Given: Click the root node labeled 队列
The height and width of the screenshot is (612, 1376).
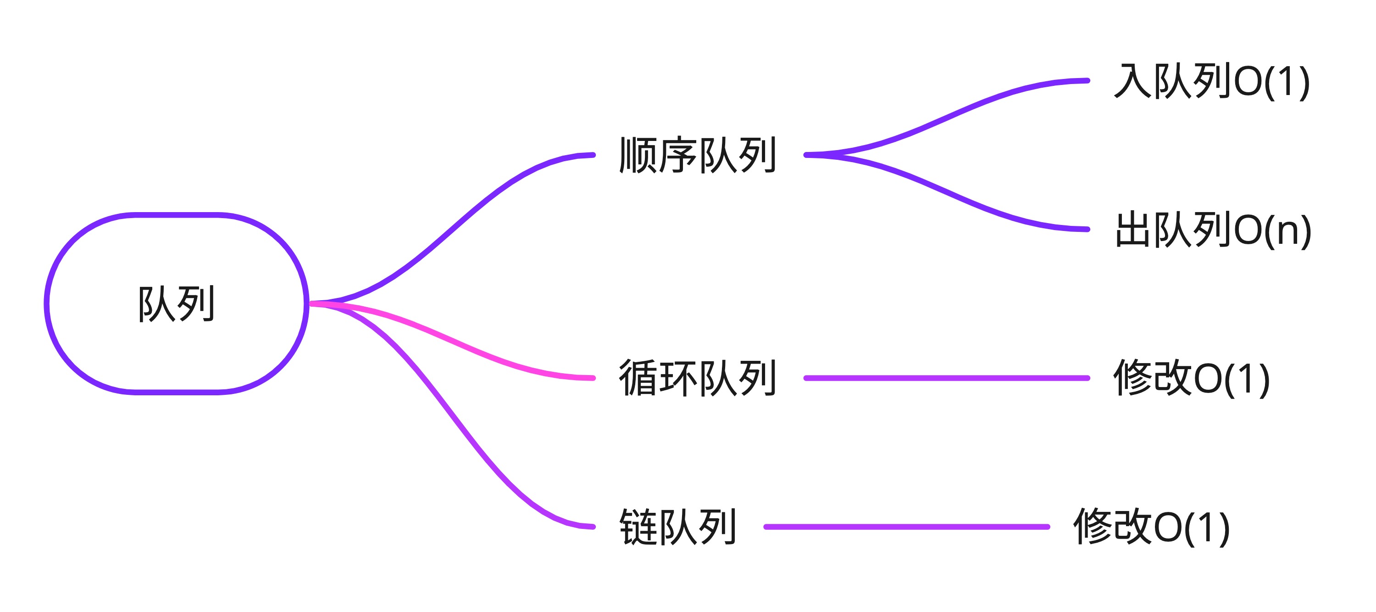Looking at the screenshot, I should (176, 303).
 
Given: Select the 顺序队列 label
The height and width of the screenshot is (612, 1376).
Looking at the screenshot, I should (698, 155).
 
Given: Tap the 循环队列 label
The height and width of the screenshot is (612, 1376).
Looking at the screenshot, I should (698, 378).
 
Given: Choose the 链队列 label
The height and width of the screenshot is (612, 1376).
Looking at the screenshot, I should (678, 527).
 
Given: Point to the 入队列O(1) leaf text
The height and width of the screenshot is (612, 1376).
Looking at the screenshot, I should (1211, 81).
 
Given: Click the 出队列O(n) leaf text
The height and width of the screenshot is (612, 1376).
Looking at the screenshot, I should (1213, 230).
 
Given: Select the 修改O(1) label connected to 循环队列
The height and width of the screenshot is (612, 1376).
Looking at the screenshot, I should (1191, 378).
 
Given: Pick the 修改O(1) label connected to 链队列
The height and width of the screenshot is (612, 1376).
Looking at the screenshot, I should (1152, 527).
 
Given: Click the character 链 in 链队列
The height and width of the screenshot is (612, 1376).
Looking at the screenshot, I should (639, 527).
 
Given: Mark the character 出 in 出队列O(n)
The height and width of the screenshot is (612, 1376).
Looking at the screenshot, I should (1133, 230).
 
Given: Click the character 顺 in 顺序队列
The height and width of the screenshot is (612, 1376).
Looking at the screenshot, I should (639, 155).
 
